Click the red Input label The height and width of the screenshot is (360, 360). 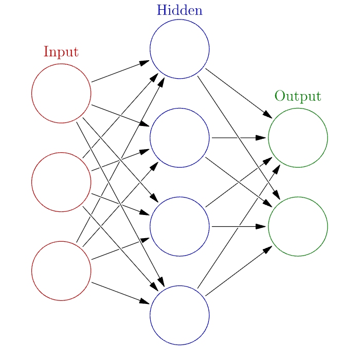(x=61, y=52)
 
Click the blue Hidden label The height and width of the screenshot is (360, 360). (x=179, y=10)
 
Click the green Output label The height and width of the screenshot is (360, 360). (x=298, y=96)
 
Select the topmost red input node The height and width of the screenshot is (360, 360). (x=61, y=94)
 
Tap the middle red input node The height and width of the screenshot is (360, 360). (x=61, y=182)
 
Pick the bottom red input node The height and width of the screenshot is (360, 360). (x=61, y=271)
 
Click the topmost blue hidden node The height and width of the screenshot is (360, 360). (x=179, y=49)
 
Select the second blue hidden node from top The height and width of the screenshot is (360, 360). (x=179, y=138)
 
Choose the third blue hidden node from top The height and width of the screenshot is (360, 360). (x=179, y=226)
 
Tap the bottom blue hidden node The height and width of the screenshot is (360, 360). (x=179, y=315)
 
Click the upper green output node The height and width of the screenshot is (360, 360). (x=298, y=138)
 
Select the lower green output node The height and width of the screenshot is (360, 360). (x=298, y=226)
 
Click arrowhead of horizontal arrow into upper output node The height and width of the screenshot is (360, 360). (x=261, y=138)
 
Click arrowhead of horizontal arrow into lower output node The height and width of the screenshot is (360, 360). (x=261, y=226)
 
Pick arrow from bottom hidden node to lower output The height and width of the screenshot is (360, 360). (x=237, y=272)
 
